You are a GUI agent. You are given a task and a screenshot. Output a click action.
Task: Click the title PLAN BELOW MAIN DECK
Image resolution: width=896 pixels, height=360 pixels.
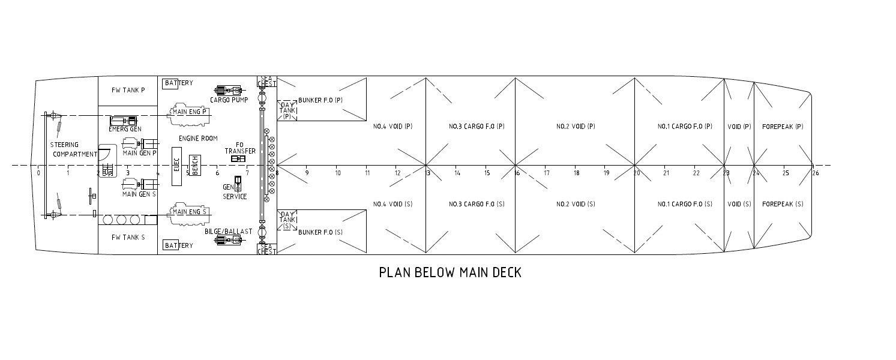coord(450,272)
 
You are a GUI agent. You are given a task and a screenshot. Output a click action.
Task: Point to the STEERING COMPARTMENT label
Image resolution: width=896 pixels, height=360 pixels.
coord(74,149)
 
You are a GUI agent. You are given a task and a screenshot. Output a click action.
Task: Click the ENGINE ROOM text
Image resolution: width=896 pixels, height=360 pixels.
coord(198,139)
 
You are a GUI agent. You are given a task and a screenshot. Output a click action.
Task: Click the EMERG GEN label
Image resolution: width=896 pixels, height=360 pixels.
coord(125,129)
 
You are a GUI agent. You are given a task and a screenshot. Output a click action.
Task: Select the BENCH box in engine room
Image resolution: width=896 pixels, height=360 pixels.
coord(194,164)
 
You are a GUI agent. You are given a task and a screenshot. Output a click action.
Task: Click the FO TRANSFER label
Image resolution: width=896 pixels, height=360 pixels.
coord(240,148)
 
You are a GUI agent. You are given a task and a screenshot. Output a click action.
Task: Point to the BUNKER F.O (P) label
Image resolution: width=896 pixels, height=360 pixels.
coord(320,100)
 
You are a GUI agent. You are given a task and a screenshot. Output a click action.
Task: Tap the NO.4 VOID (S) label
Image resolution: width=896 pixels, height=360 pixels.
coord(392,204)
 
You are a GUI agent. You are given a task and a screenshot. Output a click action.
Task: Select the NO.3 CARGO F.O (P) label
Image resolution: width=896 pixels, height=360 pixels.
coord(477,127)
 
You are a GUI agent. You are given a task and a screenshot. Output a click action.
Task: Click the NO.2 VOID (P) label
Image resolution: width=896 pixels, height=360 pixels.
coord(576,127)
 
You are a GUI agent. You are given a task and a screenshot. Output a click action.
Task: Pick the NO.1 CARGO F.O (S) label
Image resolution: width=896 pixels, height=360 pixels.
coord(685,204)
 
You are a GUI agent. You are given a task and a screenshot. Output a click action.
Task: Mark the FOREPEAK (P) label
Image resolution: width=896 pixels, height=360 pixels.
coord(783,127)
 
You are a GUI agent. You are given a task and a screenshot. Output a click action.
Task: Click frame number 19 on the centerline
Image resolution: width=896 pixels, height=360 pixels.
coord(606,173)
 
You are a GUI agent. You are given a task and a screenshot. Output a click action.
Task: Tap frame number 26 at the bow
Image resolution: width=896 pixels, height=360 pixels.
coord(815,173)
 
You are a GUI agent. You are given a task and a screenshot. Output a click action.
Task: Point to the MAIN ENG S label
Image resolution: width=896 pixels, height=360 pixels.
coord(190,212)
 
